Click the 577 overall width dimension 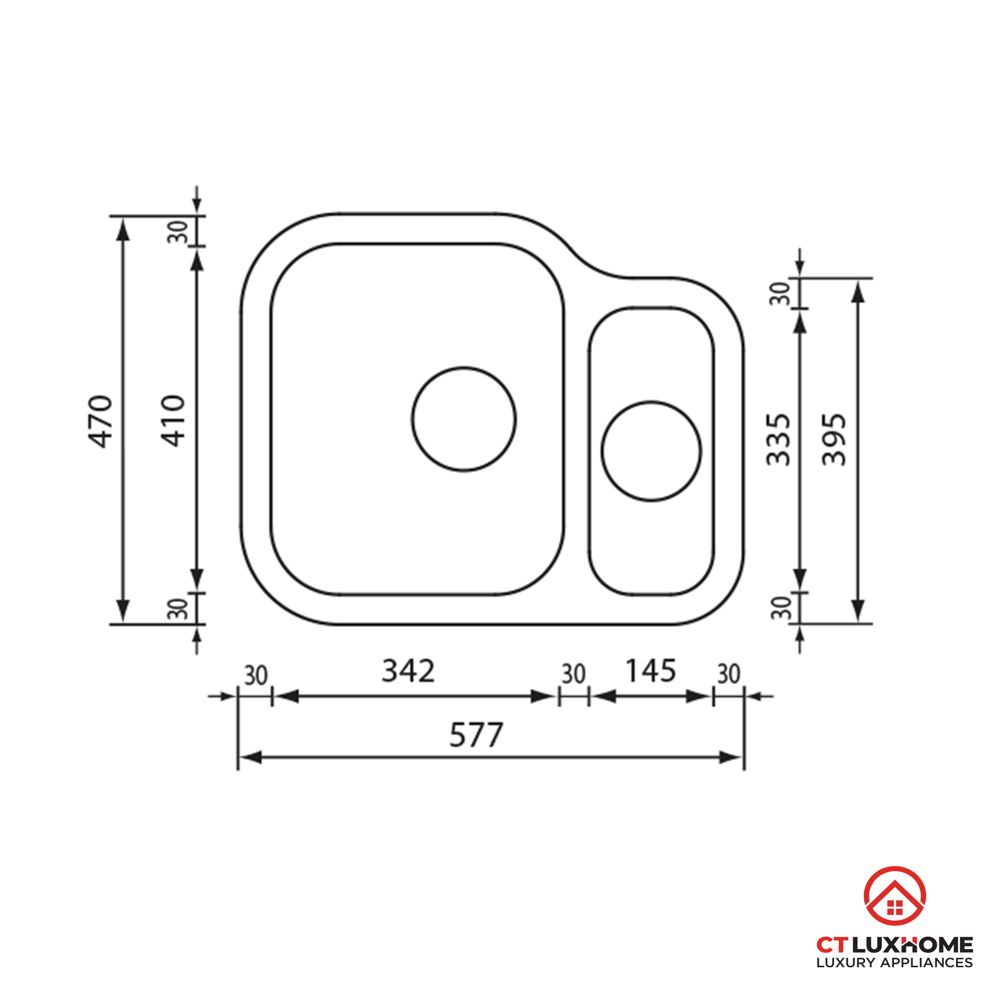476,735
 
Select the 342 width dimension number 408,670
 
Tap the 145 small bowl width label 650,670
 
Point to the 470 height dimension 101,421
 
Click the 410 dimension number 173,421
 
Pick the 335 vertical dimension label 779,439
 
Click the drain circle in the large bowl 463,419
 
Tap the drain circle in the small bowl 651,451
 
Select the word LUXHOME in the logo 912,945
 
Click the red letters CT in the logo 833,945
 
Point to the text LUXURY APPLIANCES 895,963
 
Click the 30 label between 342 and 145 574,675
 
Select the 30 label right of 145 728,675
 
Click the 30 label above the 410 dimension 178,231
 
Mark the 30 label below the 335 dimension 781,607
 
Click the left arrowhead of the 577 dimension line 250,757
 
